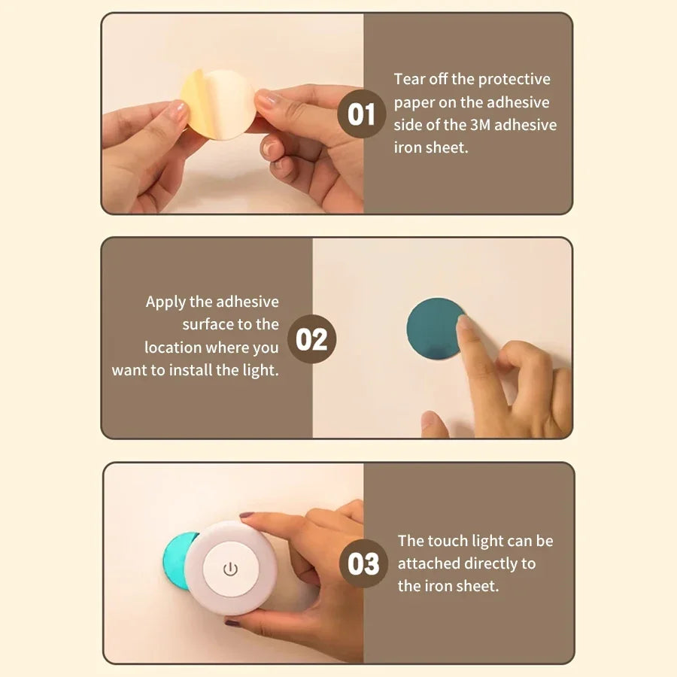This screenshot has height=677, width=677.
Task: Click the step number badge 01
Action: pos(362,114)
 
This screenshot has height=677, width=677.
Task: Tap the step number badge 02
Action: pos(311,339)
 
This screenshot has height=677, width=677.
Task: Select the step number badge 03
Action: pos(363,563)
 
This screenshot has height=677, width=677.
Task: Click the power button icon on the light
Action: pos(230,568)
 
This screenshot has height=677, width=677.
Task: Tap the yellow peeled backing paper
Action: pos(193,105)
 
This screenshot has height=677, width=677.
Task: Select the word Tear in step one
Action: pos(409,79)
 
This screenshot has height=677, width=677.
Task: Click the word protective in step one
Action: pos(514,79)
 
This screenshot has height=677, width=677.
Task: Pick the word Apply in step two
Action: pos(165,302)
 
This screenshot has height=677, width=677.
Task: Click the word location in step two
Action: pos(172,348)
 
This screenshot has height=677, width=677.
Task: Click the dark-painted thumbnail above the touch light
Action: pos(247,516)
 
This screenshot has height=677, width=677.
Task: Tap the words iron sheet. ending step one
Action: pos(430,147)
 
